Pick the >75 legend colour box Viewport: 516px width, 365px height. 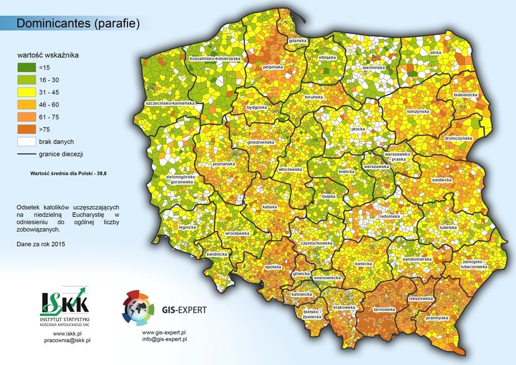pyautogui.click(x=26, y=130)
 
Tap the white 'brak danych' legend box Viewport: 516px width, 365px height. pyautogui.click(x=26, y=142)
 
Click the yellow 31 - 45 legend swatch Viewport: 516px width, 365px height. pyautogui.click(x=26, y=92)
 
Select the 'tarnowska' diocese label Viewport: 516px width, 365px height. pyautogui.click(x=384, y=309)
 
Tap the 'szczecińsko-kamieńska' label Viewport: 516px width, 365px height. pyautogui.click(x=169, y=103)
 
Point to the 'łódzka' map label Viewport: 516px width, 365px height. pyautogui.click(x=329, y=196)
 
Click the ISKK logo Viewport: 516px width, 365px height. pyautogui.click(x=64, y=304)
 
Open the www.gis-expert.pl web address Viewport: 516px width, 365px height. pyautogui.click(x=165, y=332)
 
